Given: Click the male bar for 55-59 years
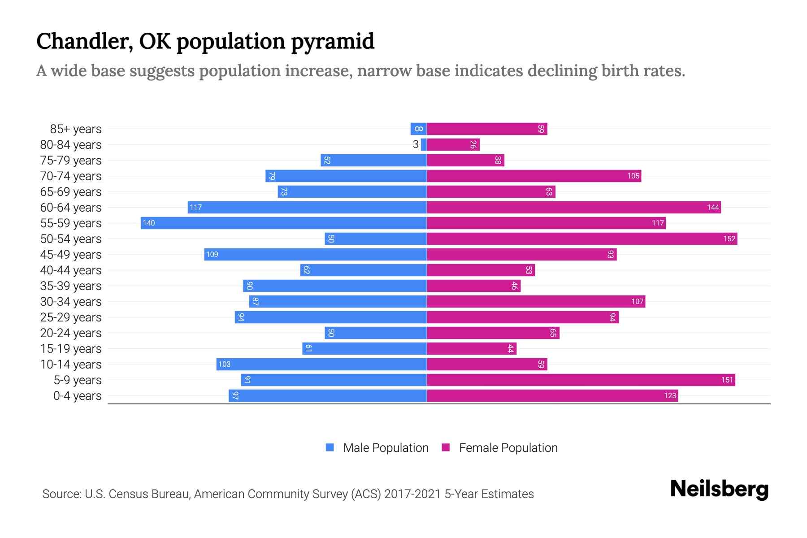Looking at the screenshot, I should tap(283, 223).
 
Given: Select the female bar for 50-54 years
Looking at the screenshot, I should tap(582, 239).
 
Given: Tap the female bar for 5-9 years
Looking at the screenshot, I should tap(581, 380).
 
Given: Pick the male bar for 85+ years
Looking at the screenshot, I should tap(418, 129).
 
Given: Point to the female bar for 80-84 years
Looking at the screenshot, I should tap(453, 144).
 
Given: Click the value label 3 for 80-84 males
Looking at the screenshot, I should tap(416, 144).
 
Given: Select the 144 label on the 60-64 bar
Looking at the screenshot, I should tap(713, 207).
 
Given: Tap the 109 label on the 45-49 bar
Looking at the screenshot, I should tap(212, 254).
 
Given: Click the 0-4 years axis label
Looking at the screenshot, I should tap(77, 396).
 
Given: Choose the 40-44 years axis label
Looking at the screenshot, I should tap(71, 270).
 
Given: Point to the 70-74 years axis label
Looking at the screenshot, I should tap(71, 176).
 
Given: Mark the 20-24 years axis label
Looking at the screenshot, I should tap(71, 333).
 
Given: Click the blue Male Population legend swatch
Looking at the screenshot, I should tap(330, 447).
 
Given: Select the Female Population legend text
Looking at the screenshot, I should tap(508, 447).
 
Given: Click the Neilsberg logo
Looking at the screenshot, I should tap(719, 489).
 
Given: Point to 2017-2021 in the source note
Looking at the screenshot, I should tap(412, 494).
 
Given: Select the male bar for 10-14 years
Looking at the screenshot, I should tap(321, 364).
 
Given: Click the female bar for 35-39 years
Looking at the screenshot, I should tap(473, 286).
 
